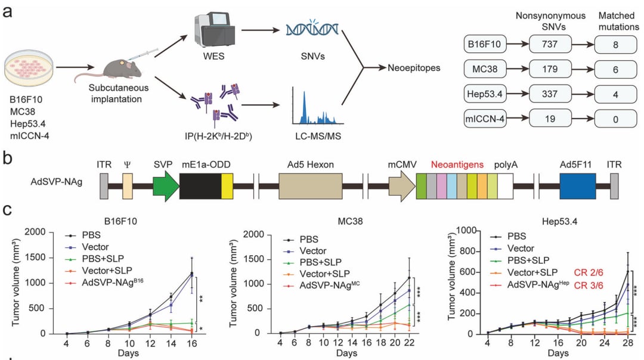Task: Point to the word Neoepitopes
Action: tap(413, 68)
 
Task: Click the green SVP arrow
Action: tap(166, 186)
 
